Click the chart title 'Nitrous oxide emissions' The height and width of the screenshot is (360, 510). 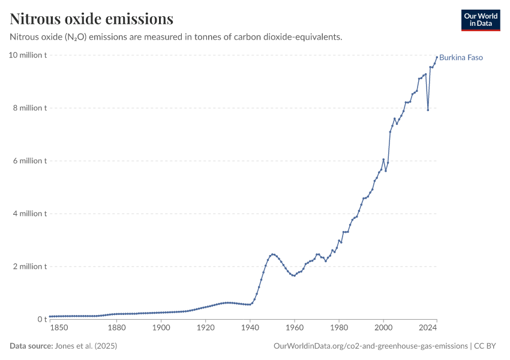(x=91, y=19)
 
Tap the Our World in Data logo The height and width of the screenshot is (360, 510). (x=480, y=20)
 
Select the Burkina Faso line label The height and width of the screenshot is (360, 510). (x=461, y=58)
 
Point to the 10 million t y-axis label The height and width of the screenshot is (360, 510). (x=28, y=55)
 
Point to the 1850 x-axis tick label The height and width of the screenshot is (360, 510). (x=59, y=328)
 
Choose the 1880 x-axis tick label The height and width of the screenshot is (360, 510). (x=117, y=328)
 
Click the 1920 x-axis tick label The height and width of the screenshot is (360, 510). (x=205, y=328)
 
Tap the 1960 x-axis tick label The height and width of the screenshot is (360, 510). (x=294, y=328)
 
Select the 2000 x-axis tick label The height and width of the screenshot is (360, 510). (x=383, y=328)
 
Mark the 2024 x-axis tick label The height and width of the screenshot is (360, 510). (x=428, y=328)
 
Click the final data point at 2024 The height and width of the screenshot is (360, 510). (x=436, y=57)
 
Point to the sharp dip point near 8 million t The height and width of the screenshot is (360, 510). (x=428, y=110)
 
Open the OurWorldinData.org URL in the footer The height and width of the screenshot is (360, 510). (x=370, y=346)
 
